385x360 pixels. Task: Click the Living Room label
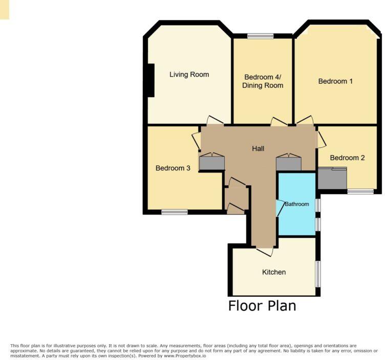click(189, 75)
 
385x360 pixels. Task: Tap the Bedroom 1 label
click(335, 81)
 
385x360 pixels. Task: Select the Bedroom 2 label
click(347, 158)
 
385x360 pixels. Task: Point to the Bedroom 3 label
click(173, 168)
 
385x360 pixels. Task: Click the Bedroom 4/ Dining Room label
click(263, 81)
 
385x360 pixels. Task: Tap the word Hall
click(258, 149)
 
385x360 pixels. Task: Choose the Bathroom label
click(297, 204)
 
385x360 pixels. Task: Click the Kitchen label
click(274, 272)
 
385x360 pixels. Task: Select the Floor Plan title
click(262, 306)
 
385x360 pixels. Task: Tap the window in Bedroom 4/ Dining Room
click(260, 36)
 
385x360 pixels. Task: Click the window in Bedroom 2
click(360, 192)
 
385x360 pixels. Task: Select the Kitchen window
click(318, 274)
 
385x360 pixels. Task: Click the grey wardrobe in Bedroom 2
click(332, 178)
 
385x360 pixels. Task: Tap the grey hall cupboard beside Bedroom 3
click(211, 163)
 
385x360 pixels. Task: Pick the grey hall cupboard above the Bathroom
click(289, 163)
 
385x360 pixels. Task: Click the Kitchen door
click(265, 251)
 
